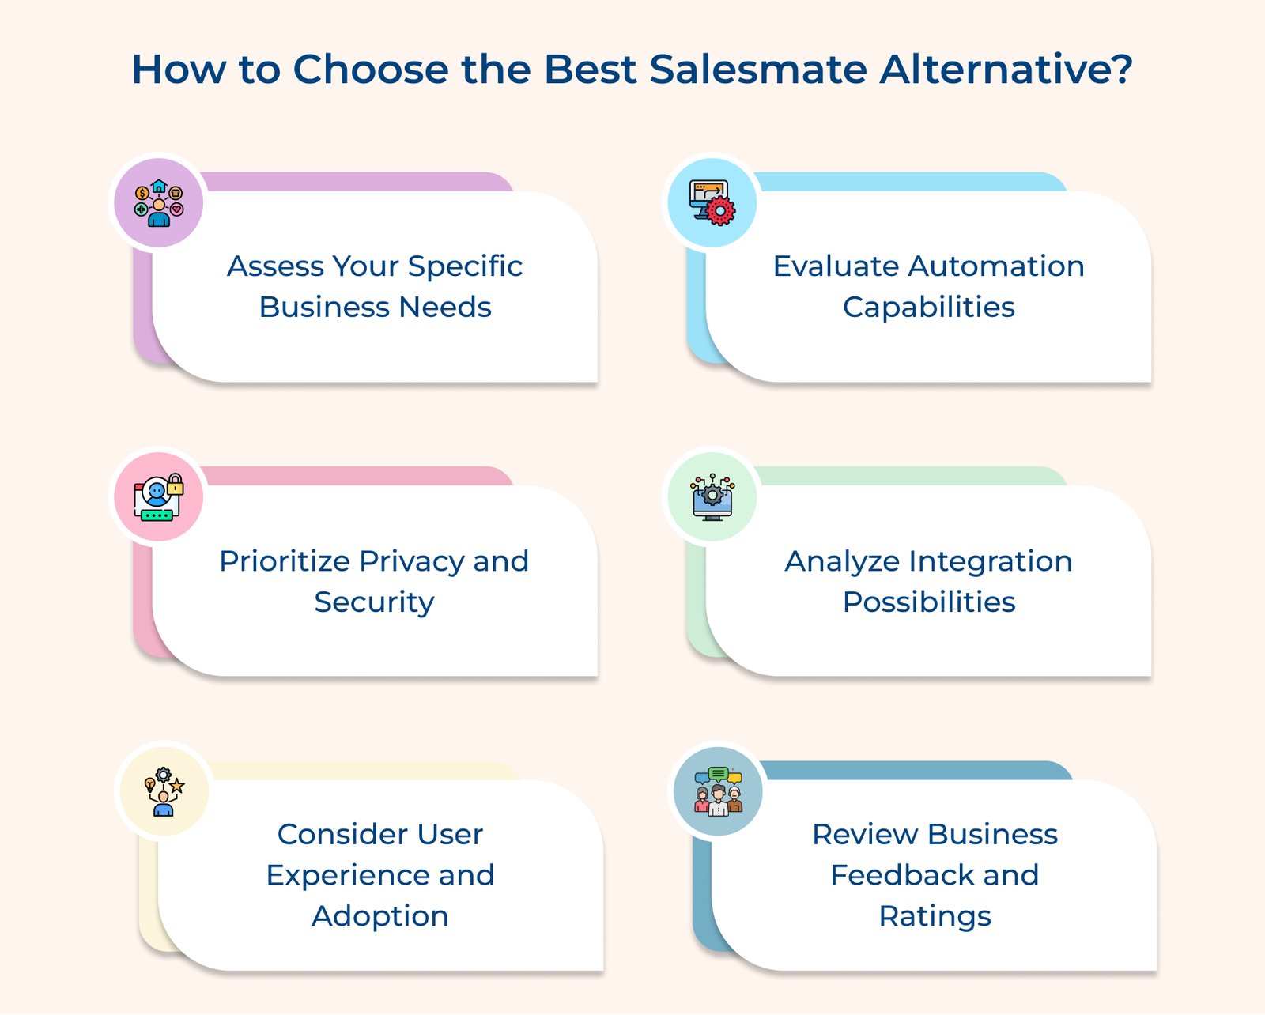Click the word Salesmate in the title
coord(758,70)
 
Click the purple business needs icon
coord(159,203)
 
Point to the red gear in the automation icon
coord(721,210)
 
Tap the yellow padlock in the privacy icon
coord(176,485)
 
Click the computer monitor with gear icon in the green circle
coord(712,497)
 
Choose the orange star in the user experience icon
coord(177,786)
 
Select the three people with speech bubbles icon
coord(719,791)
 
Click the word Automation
coord(996,266)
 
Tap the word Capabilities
coord(929,308)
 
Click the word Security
coord(375,602)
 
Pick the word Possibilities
coord(929,602)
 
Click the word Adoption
coord(380,916)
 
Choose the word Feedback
coord(902,875)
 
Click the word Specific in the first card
coord(465,267)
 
